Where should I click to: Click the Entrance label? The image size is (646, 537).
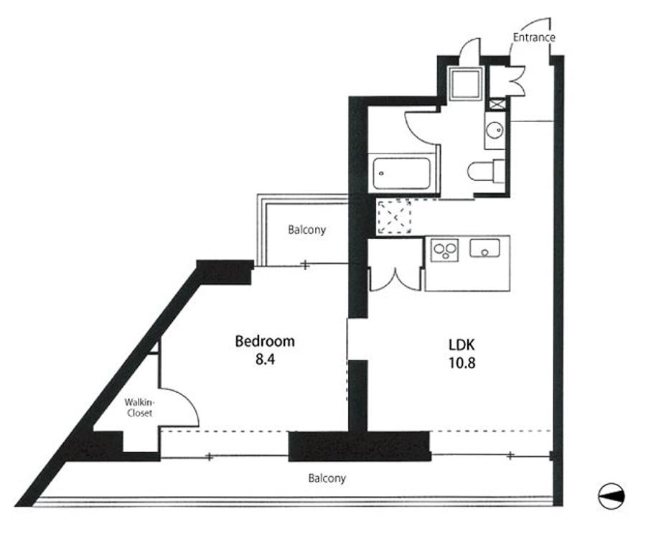(534, 37)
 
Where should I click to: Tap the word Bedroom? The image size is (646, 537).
(265, 342)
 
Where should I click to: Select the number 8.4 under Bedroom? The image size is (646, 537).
(265, 360)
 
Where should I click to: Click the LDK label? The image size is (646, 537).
(462, 344)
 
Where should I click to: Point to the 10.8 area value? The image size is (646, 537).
(462, 363)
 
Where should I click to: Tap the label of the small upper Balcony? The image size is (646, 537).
(307, 230)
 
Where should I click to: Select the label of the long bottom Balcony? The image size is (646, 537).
(327, 478)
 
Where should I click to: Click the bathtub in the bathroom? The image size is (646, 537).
(402, 173)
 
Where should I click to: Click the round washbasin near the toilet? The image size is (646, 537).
(495, 131)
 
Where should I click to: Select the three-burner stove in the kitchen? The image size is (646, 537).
(445, 250)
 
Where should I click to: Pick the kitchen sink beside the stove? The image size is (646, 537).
(485, 248)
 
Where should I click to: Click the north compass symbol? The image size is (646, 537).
(612, 496)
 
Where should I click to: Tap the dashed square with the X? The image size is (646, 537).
(394, 217)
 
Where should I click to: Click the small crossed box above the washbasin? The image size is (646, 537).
(497, 104)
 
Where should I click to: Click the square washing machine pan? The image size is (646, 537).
(466, 83)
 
